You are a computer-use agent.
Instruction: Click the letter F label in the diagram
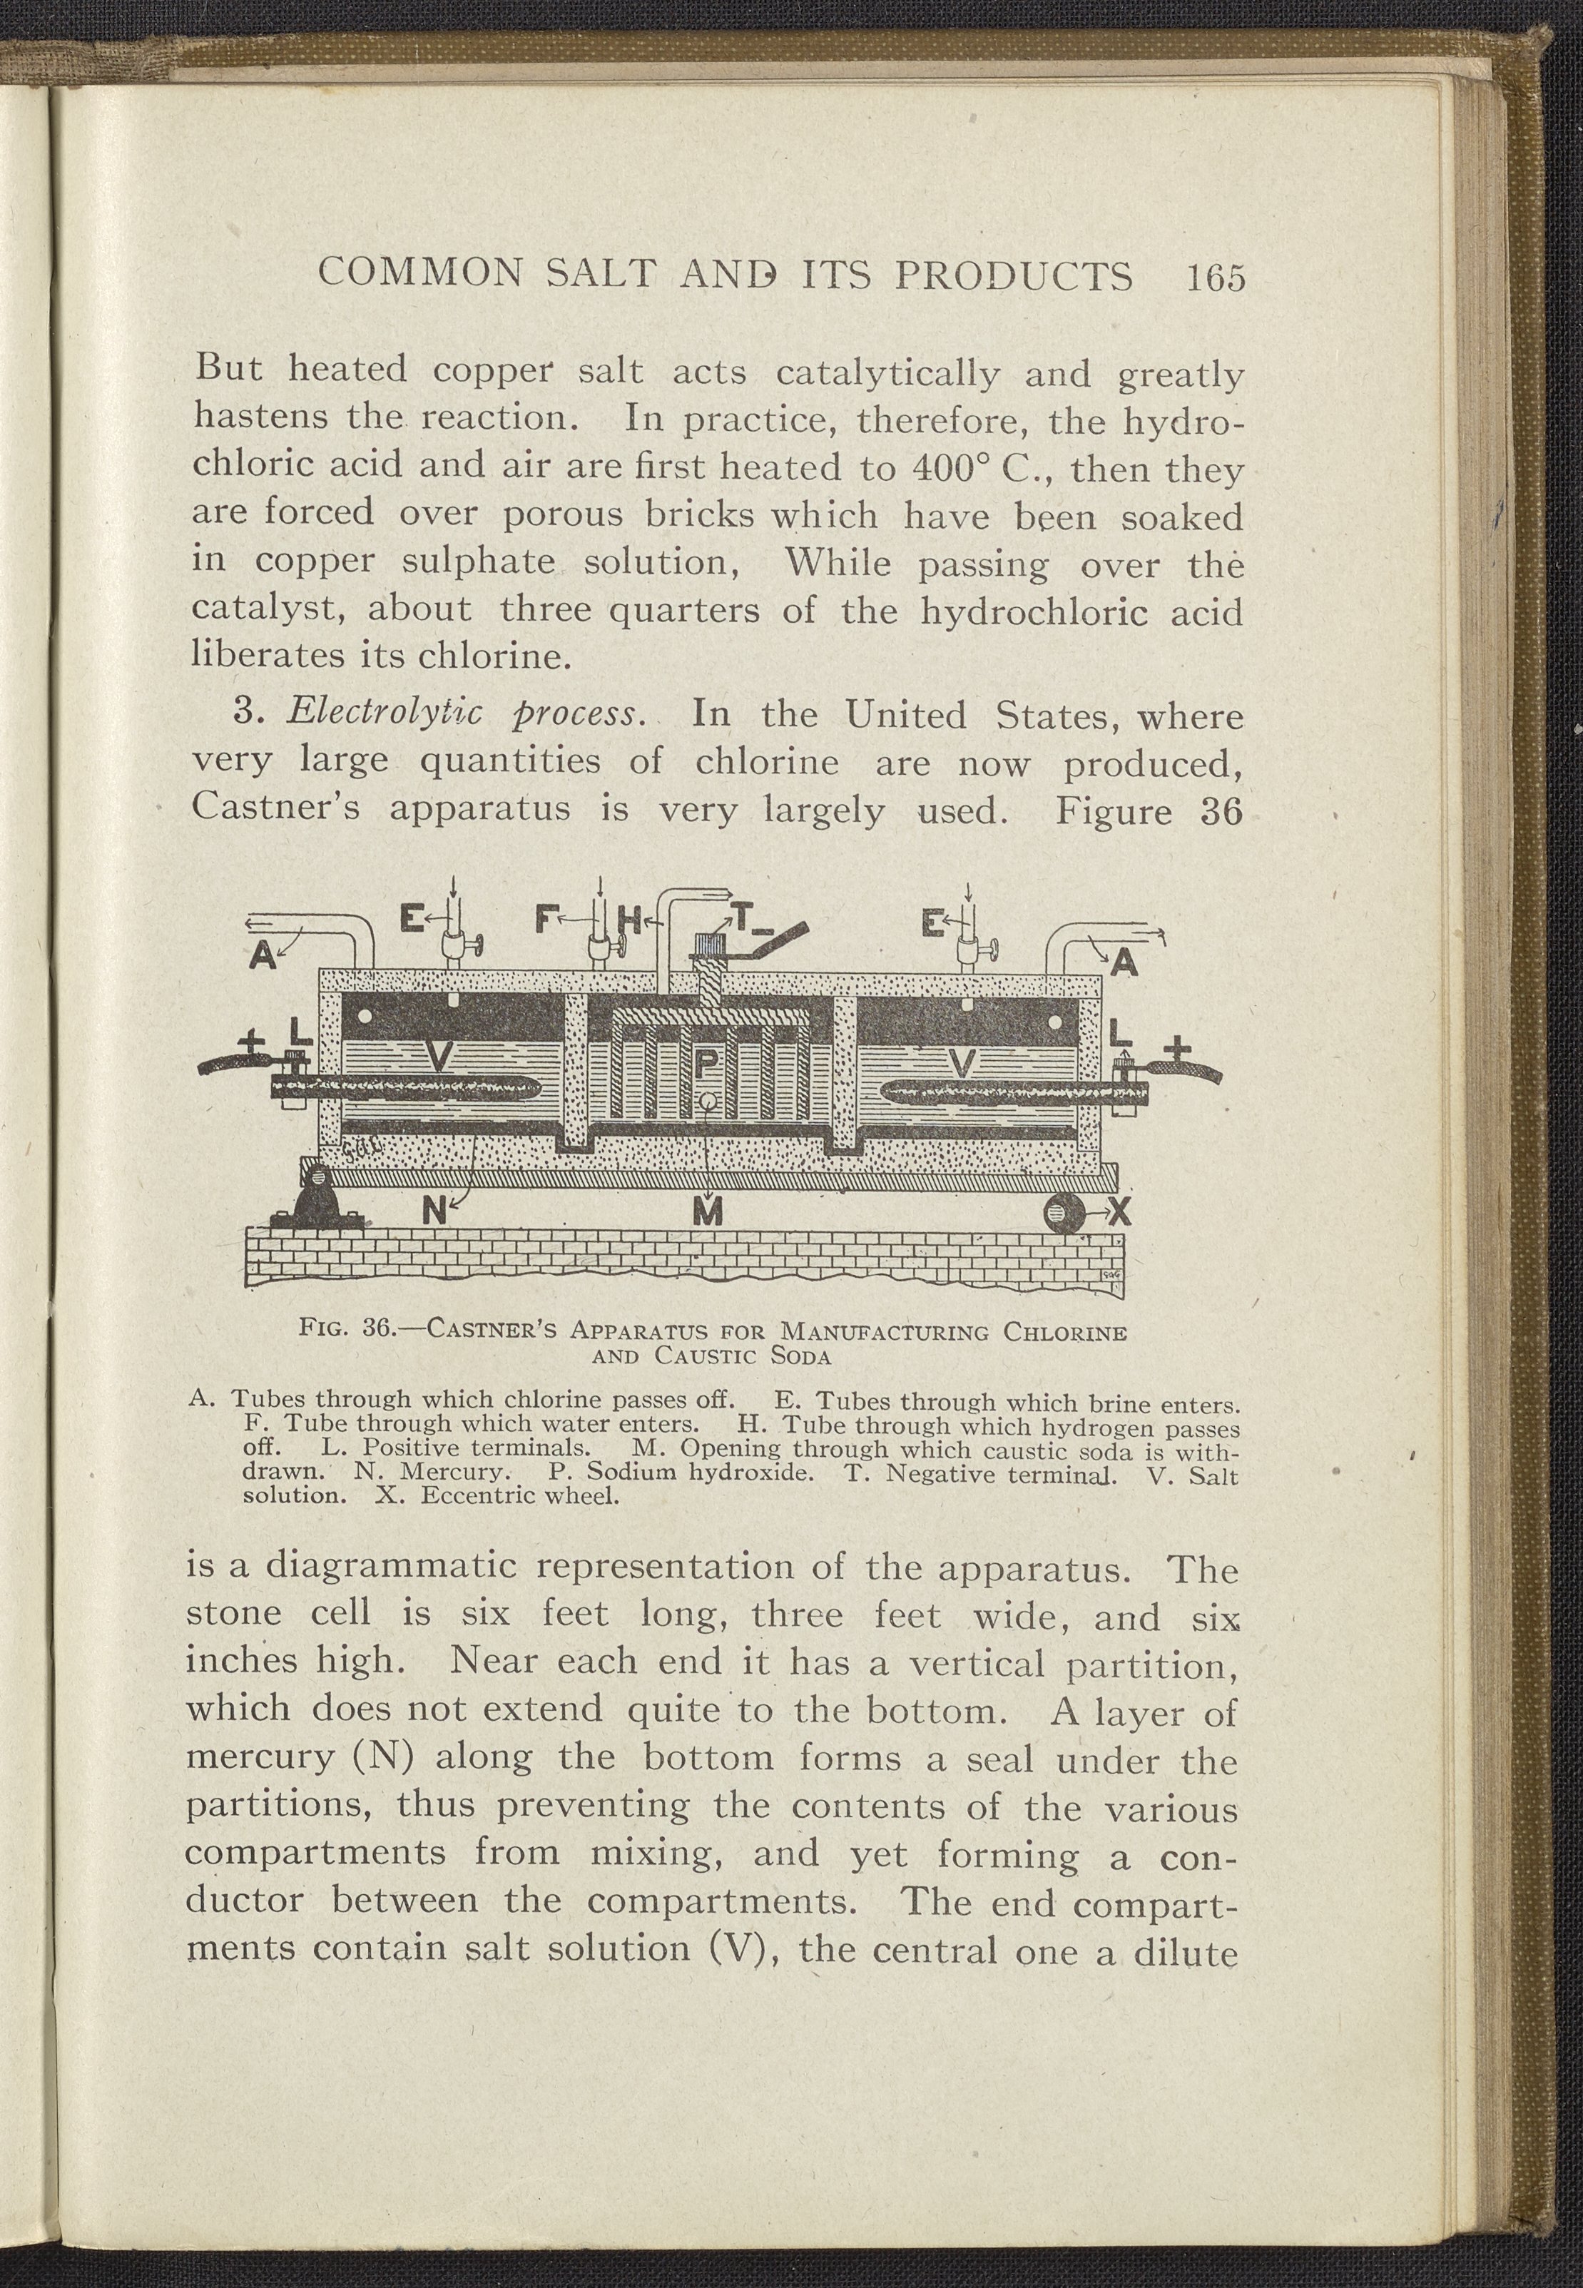click(x=544, y=920)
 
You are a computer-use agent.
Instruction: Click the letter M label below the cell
click(x=706, y=1212)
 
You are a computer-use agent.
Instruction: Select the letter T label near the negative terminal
click(x=742, y=923)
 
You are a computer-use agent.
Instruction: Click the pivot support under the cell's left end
click(x=318, y=1203)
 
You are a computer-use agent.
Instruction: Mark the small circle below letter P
click(x=706, y=1100)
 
